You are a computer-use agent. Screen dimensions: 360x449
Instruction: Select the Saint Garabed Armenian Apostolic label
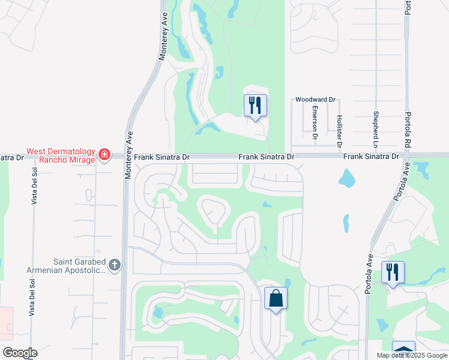(66, 266)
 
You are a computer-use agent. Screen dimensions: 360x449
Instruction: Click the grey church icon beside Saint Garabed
(115, 264)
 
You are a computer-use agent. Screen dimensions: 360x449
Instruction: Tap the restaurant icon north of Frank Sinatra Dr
(255, 106)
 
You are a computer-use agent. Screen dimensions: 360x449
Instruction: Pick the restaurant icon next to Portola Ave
(393, 272)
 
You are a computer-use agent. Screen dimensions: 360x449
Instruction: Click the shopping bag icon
(276, 298)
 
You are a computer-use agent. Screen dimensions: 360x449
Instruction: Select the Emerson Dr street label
(315, 123)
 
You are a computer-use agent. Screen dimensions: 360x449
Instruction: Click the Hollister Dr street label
(339, 131)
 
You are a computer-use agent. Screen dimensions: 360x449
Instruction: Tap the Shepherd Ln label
(376, 130)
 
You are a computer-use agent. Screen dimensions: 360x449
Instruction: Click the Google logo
(20, 353)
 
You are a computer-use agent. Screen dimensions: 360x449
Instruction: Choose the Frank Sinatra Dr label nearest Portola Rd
(371, 157)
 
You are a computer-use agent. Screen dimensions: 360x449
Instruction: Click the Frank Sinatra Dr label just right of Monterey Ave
(161, 157)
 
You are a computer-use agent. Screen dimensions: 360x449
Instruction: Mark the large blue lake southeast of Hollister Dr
(346, 178)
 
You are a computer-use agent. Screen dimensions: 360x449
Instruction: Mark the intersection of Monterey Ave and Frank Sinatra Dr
(125, 157)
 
